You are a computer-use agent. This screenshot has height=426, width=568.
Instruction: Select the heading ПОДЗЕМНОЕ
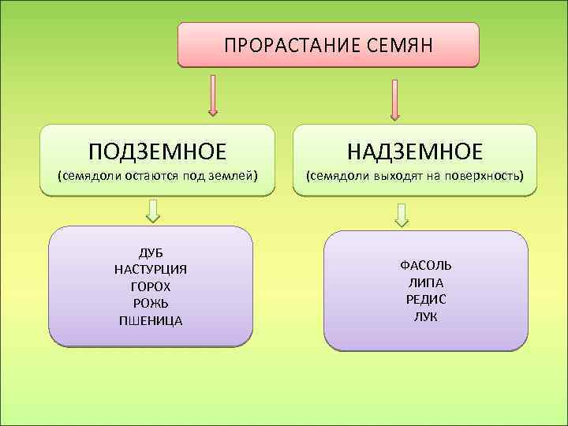157,150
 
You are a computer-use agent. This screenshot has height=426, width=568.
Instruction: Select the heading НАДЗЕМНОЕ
415,150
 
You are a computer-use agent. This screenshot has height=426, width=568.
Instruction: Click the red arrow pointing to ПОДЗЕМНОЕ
212,95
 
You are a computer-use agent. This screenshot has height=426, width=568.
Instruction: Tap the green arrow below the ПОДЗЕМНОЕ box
154,210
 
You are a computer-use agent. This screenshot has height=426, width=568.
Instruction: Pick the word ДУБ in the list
151,252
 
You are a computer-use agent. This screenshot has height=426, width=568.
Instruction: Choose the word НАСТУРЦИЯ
151,269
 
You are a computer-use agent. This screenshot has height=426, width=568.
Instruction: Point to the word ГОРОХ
151,286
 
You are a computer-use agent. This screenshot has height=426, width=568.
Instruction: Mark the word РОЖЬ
151,303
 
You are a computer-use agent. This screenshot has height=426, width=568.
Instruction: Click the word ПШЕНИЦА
151,320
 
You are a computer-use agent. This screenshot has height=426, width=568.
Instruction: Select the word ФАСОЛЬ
426,265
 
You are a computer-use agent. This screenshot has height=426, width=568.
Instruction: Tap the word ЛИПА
426,282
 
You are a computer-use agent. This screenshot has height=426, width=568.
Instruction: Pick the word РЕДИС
426,299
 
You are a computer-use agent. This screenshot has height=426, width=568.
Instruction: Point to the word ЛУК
426,316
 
